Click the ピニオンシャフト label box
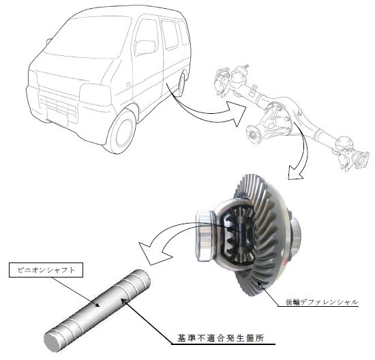tap(46, 270)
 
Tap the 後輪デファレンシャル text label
tap(322, 302)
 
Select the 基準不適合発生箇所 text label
tap(220, 338)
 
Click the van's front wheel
tap(122, 131)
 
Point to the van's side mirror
tap(145, 47)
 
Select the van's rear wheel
tap(181, 85)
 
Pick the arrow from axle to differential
tap(301, 153)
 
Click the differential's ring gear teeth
tap(263, 239)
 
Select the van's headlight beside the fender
tap(95, 95)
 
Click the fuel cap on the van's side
tap(128, 85)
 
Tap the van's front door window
tap(146, 37)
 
